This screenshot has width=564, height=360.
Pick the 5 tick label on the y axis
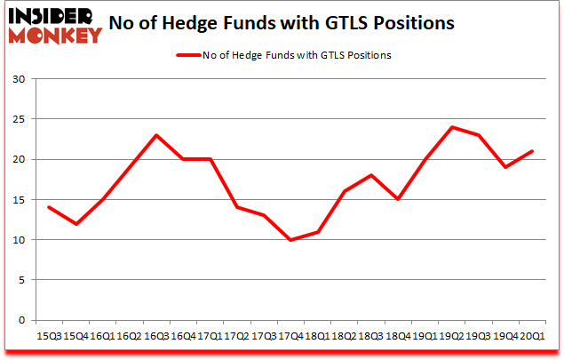pos(21,280)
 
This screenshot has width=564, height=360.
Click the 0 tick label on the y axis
pos(21,320)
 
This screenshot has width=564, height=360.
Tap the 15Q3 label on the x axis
pos(48,337)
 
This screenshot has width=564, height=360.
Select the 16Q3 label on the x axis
pos(155,337)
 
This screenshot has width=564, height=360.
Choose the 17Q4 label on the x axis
pos(290,337)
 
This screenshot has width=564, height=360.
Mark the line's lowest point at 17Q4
pos(290,240)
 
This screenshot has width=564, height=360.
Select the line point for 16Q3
pos(155,135)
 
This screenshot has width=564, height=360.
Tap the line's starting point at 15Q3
pos(48,207)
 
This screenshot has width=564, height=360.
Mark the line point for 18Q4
pos(397,199)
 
